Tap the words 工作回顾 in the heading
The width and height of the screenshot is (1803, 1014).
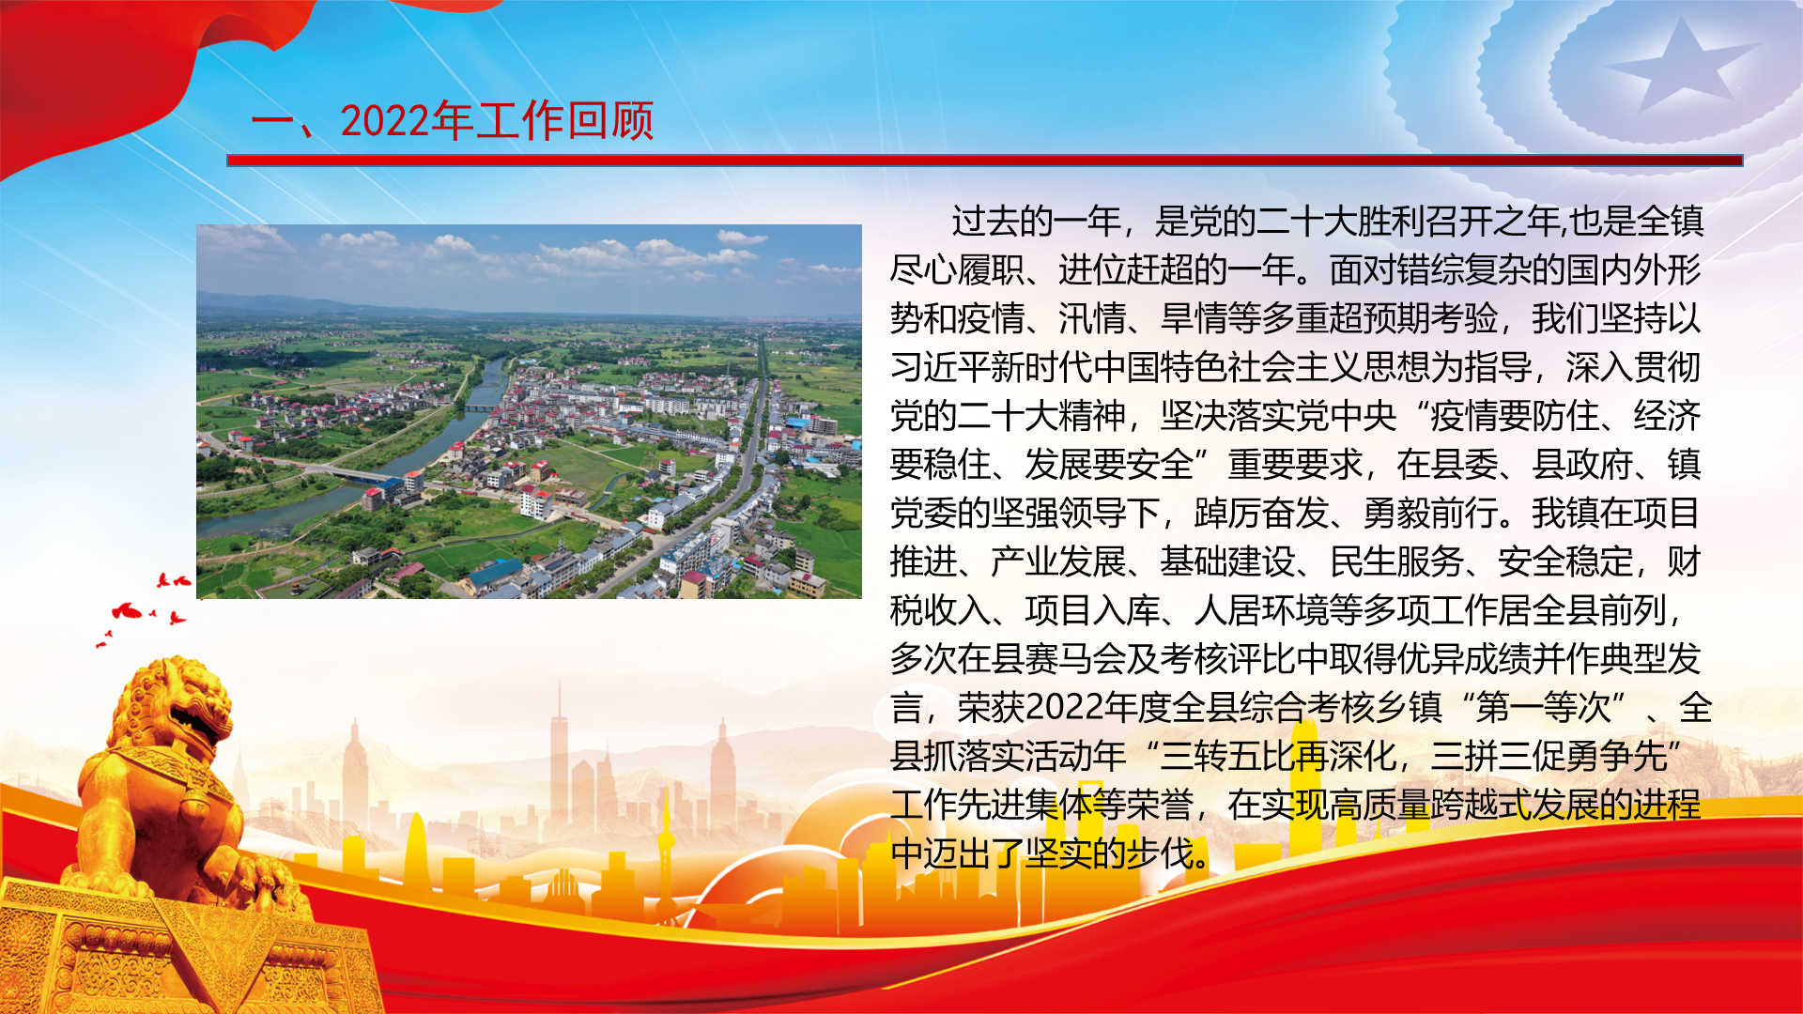(564, 121)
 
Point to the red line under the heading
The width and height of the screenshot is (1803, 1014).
(985, 161)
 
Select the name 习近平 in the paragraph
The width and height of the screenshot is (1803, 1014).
(941, 367)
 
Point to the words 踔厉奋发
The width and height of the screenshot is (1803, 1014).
(1262, 514)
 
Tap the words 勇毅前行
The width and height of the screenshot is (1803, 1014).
(1431, 514)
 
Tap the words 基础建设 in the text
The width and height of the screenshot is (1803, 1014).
(1228, 562)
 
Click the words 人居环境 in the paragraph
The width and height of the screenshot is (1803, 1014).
(1262, 611)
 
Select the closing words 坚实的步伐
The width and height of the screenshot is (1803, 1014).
(1110, 854)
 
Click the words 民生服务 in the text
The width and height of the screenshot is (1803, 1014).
(1397, 562)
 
